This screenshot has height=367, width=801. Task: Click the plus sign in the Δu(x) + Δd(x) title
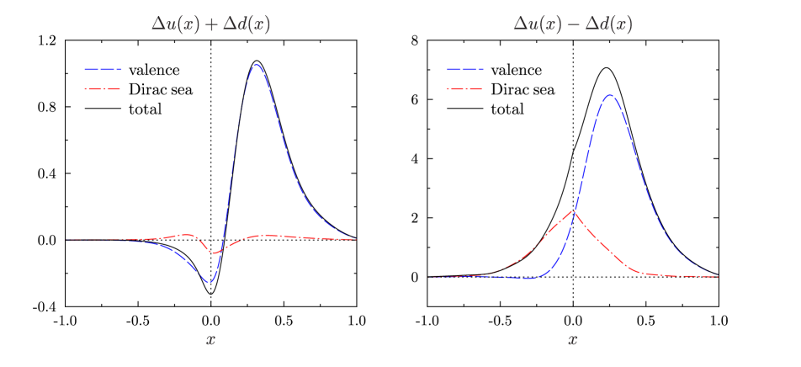pyautogui.click(x=211, y=25)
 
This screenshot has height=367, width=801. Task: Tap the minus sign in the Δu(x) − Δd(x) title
pyautogui.click(x=574, y=25)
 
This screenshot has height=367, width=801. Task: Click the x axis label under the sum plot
pyautogui.click(x=210, y=340)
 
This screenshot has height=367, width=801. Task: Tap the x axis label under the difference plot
pyautogui.click(x=572, y=340)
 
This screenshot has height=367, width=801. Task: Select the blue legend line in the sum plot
pyautogui.click(x=103, y=70)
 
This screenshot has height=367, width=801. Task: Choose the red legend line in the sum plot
pyautogui.click(x=103, y=88)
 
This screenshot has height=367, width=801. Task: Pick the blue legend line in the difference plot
pyautogui.click(x=465, y=70)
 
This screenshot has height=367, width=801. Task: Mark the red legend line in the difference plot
pyautogui.click(x=465, y=88)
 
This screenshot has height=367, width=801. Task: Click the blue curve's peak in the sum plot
pyautogui.click(x=257, y=65)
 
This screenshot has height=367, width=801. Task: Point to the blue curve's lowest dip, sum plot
pyautogui.click(x=210, y=282)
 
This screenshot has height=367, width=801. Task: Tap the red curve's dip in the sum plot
pyautogui.click(x=215, y=253)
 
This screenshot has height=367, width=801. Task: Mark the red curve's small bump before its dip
pyautogui.click(x=188, y=235)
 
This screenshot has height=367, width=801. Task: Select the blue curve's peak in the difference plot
pyautogui.click(x=610, y=94)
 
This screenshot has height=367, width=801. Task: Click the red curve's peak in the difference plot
pyautogui.click(x=574, y=210)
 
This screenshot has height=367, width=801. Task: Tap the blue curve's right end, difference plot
pyautogui.click(x=717, y=276)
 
